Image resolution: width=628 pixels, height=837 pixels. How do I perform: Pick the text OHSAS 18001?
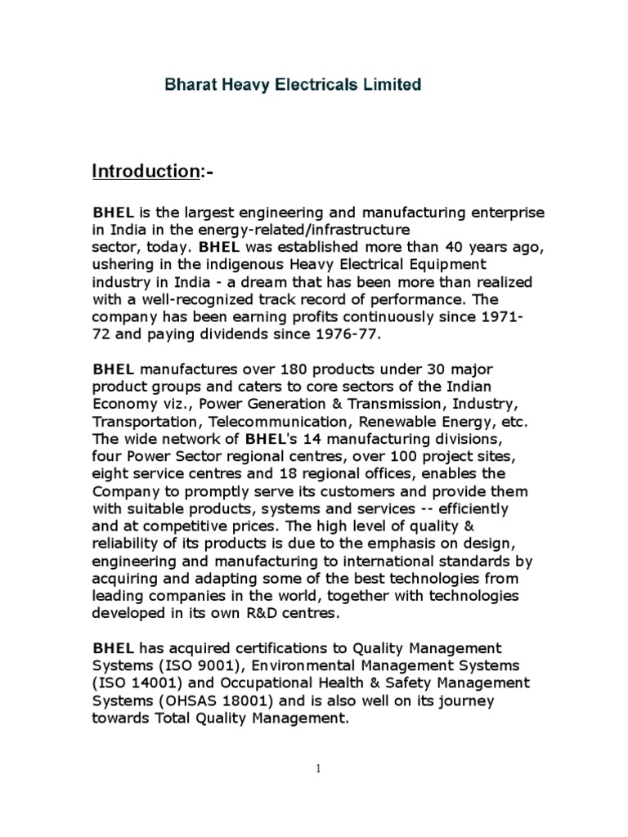(x=199, y=700)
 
